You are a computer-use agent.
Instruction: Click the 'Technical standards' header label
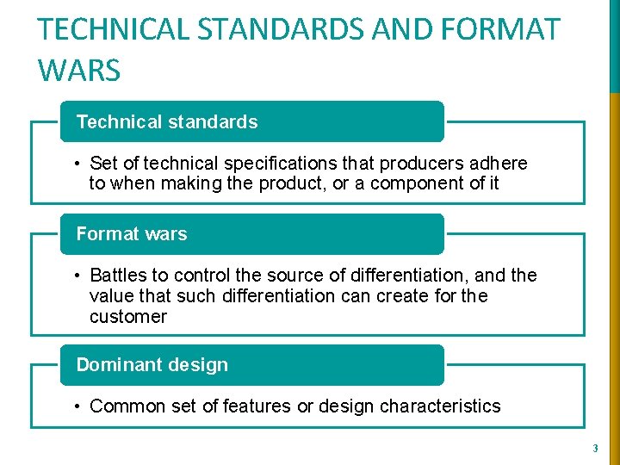(167, 122)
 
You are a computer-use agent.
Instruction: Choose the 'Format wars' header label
(132, 234)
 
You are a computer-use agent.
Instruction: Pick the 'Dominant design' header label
(152, 365)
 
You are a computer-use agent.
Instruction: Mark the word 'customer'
(128, 317)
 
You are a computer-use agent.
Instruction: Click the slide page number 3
(594, 448)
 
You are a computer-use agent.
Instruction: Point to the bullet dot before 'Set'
(77, 164)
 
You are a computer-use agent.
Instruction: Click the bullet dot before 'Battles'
(77, 276)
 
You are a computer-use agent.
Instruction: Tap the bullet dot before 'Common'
(77, 406)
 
